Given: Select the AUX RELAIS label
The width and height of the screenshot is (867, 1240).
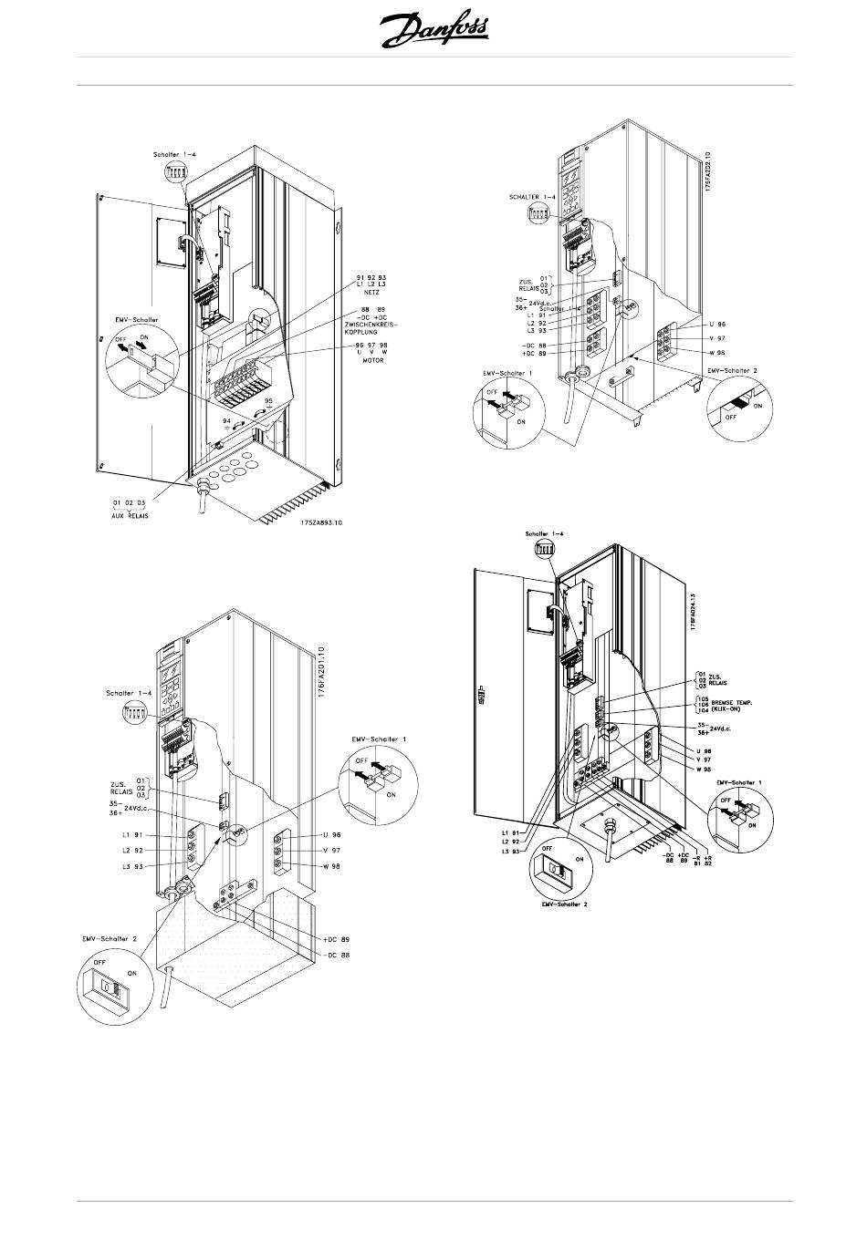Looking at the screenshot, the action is point(130,515).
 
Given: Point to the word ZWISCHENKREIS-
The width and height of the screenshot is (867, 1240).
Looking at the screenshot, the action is point(372,325).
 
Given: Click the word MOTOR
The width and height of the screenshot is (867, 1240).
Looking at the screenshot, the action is point(372,360).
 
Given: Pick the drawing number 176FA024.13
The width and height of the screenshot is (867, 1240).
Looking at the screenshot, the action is point(694,608).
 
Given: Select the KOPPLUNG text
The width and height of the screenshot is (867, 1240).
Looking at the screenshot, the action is point(372,333).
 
